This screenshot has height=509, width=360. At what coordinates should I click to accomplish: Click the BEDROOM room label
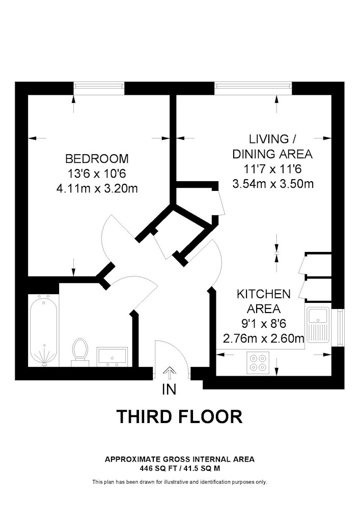pyautogui.click(x=97, y=158)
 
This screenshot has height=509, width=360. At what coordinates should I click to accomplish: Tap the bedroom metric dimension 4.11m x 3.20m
pyautogui.click(x=97, y=188)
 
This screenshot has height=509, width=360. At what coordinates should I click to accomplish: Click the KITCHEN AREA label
pyautogui.click(x=263, y=301)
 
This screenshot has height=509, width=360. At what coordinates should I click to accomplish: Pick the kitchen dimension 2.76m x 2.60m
pyautogui.click(x=263, y=337)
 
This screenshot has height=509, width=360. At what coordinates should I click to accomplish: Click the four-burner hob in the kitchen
pyautogui.click(x=257, y=361)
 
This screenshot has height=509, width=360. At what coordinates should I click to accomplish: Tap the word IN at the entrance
pyautogui.click(x=169, y=390)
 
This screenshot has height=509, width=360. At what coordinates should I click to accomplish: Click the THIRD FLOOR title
pyautogui.click(x=180, y=417)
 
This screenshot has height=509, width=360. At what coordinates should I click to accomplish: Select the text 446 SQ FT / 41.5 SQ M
pyautogui.click(x=180, y=467)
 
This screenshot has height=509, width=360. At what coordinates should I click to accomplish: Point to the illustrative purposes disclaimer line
pyautogui.click(x=180, y=482)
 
